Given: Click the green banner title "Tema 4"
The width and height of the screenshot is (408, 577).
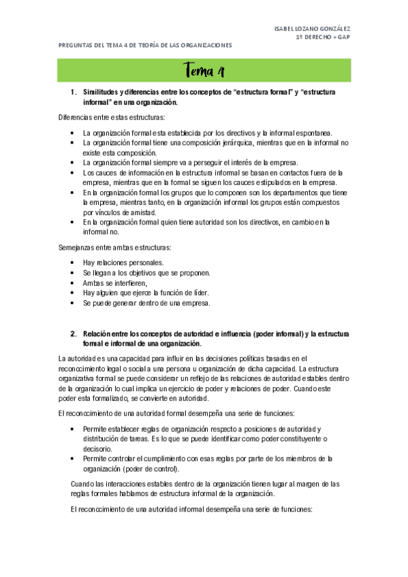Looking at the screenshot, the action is (x=204, y=71).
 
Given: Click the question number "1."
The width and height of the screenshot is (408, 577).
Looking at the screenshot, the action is (x=74, y=91).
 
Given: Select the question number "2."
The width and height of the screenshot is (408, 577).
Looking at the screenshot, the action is (x=74, y=334).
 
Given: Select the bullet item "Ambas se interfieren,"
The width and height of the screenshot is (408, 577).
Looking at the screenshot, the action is (x=115, y=282).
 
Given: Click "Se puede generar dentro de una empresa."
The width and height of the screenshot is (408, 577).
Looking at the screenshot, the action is (x=146, y=303).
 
